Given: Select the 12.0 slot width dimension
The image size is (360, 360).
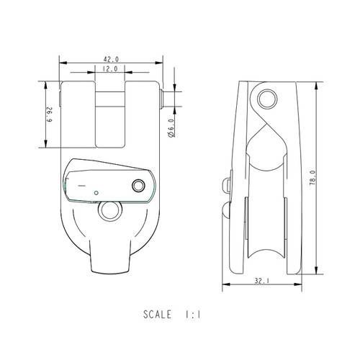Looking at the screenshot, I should pos(111,69).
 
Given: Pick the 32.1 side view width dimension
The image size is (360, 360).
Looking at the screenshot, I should pos(261,282).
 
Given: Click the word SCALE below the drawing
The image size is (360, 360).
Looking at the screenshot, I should pos(157,315).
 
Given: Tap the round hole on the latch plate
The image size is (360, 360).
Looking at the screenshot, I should pos(138,186).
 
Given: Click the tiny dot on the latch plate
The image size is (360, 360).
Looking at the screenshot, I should pos(96,192).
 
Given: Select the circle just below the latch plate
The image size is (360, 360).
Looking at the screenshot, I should pos(110,210).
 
